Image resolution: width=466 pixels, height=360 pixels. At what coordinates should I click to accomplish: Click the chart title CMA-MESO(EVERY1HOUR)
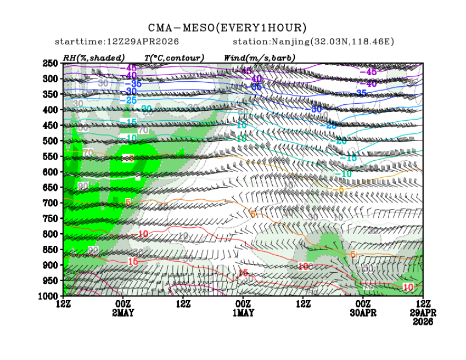pyautogui.click(x=227, y=28)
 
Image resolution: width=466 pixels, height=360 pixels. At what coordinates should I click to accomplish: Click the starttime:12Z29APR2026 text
pyautogui.click(x=117, y=42)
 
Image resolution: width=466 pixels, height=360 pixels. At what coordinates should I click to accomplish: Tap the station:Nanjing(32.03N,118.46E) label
pyautogui.click(x=313, y=42)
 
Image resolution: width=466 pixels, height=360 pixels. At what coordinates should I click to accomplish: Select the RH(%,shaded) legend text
pyautogui.click(x=94, y=58)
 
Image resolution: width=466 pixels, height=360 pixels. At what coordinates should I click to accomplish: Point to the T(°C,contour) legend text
pyautogui.click(x=174, y=58)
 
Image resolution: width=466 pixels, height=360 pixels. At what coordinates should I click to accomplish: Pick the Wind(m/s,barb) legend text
pyautogui.click(x=259, y=58)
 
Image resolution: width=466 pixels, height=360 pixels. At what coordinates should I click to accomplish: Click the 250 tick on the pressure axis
pyautogui.click(x=50, y=64)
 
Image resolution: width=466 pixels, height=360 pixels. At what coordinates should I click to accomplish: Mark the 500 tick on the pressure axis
pyautogui.click(x=50, y=141)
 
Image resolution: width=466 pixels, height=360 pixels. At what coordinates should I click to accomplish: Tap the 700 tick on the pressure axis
pyautogui.click(x=50, y=203)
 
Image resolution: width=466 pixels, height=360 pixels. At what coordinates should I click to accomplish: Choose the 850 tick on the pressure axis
pyautogui.click(x=50, y=250)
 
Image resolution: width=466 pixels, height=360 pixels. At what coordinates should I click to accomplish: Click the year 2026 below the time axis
pyautogui.click(x=423, y=322)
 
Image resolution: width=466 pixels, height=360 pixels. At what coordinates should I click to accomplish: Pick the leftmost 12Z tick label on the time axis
pyautogui.click(x=63, y=303)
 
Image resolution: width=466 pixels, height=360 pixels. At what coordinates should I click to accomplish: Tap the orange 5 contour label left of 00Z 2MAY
pyautogui.click(x=128, y=202)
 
